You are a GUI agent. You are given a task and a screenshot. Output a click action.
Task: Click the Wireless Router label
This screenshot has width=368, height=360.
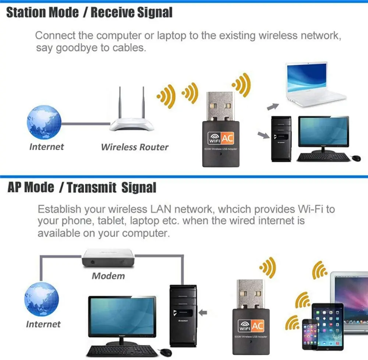[135, 147]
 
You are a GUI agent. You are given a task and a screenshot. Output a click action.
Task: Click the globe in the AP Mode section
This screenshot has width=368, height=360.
[42, 298]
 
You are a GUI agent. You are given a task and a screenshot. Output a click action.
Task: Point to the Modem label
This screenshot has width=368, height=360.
[108, 276]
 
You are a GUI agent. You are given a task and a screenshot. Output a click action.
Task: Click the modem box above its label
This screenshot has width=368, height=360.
[108, 259]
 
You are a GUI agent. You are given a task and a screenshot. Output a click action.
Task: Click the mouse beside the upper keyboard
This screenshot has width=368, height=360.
[356, 158]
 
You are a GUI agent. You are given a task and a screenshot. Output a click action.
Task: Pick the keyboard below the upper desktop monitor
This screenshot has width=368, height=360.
[324, 157]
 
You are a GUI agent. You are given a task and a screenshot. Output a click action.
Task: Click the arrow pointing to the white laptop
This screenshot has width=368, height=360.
[273, 106]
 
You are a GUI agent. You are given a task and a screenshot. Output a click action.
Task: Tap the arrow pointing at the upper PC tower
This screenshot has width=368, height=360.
[263, 135]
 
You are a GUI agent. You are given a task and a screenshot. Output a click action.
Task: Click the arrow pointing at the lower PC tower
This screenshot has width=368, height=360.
[203, 313]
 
